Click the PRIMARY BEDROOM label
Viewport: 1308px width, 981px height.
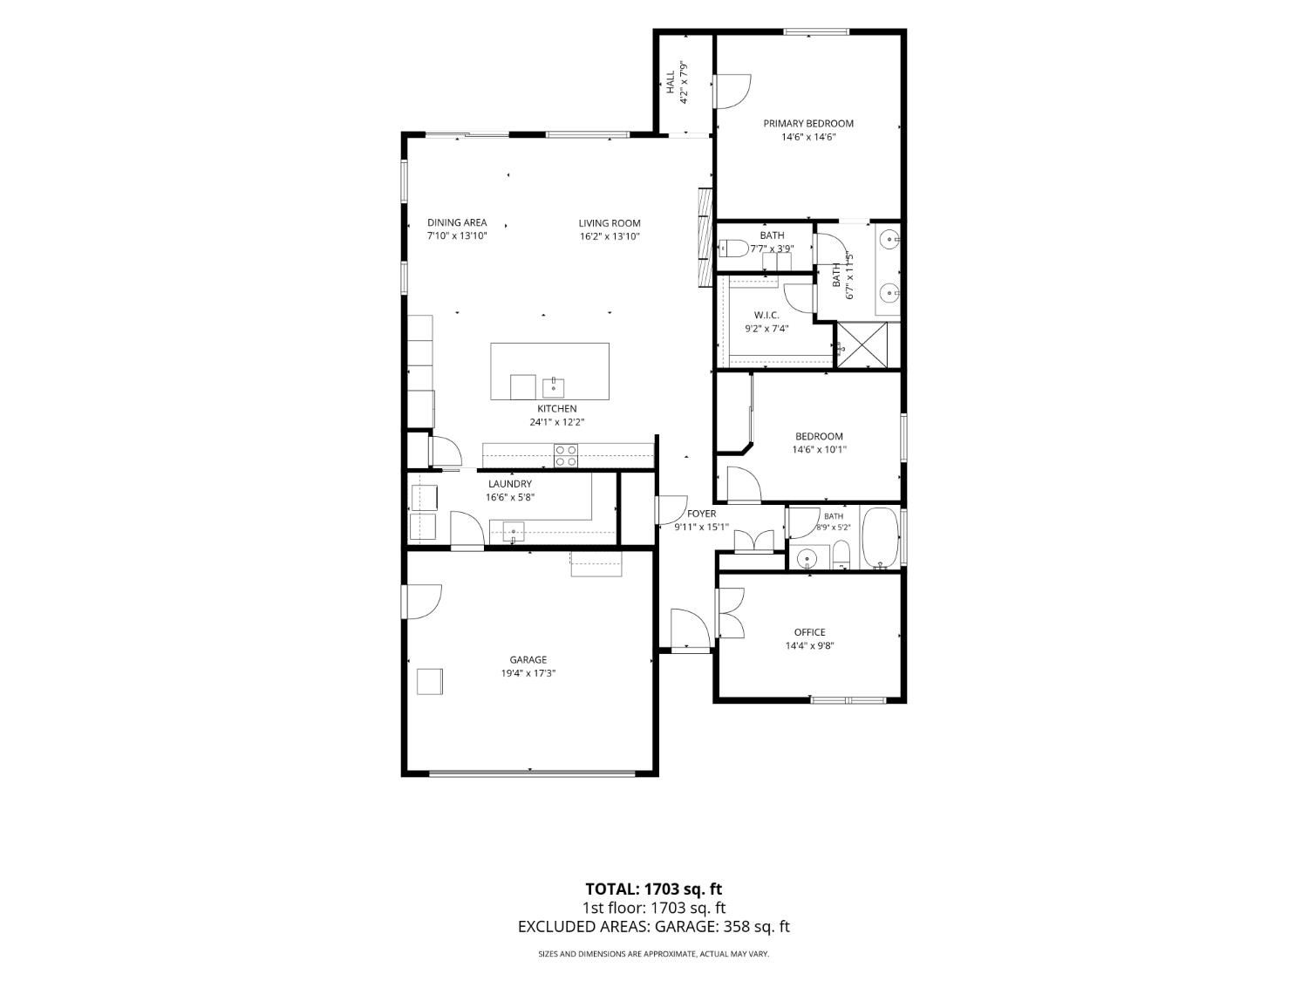tap(808, 123)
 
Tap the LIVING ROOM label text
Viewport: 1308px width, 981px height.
tap(609, 223)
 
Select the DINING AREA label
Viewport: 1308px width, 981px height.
tap(457, 222)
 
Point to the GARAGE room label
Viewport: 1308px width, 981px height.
tap(528, 659)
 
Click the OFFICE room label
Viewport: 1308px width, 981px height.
tap(809, 632)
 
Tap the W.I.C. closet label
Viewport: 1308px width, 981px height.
tap(766, 315)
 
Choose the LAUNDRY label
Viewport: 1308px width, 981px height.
tap(509, 484)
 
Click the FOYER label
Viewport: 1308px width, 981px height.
tap(701, 514)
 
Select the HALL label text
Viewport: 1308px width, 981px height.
tap(671, 82)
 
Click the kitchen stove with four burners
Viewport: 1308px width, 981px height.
tap(566, 456)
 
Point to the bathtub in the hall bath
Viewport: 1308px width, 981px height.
tap(880, 537)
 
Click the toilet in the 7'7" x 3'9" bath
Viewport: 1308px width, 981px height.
tap(733, 247)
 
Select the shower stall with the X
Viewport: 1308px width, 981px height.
tap(862, 344)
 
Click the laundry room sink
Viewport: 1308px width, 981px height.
tap(513, 531)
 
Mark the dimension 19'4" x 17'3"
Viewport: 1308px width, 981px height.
tap(528, 673)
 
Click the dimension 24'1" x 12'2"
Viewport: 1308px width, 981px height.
tap(557, 422)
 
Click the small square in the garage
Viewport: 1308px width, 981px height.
tap(430, 681)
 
